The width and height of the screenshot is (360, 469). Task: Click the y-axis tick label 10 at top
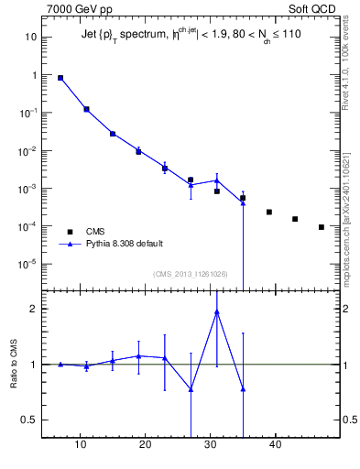30,38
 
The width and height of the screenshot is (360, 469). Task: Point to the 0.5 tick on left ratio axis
27,420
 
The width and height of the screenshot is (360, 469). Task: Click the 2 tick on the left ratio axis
33,309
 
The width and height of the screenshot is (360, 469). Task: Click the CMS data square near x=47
322,227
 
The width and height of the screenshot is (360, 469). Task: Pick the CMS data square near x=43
295,219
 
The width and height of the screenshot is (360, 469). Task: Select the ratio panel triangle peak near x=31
217,311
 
